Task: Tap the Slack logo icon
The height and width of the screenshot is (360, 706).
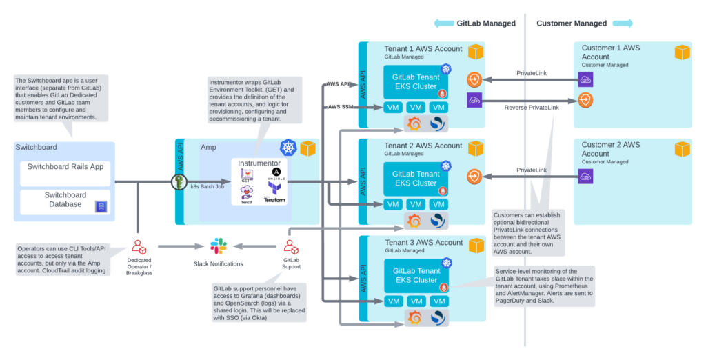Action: pyautogui.click(x=219, y=246)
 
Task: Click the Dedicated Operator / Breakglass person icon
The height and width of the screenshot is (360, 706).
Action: pyautogui.click(x=138, y=246)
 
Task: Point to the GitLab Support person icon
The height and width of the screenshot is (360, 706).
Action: pyautogui.click(x=290, y=246)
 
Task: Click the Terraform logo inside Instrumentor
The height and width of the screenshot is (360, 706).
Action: pyautogui.click(x=274, y=190)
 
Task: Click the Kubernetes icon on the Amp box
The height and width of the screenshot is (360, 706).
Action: pyautogui.click(x=288, y=148)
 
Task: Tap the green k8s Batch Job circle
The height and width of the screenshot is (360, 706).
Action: pyautogui.click(x=179, y=182)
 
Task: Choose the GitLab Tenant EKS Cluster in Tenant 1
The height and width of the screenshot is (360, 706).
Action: pyautogui.click(x=416, y=82)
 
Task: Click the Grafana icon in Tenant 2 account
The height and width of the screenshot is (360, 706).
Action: pyautogui.click(x=414, y=221)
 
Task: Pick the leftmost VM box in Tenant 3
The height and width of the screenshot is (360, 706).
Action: pyautogui.click(x=393, y=301)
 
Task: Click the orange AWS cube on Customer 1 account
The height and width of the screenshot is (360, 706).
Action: pyautogui.click(x=682, y=52)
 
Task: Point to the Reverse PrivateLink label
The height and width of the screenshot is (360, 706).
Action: pyautogui.click(x=531, y=108)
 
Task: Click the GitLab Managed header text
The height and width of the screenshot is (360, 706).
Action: pyautogui.click(x=486, y=23)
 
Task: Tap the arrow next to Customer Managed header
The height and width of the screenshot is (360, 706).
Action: pyautogui.click(x=623, y=23)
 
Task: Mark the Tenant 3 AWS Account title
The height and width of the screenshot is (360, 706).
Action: pyautogui.click(x=423, y=243)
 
